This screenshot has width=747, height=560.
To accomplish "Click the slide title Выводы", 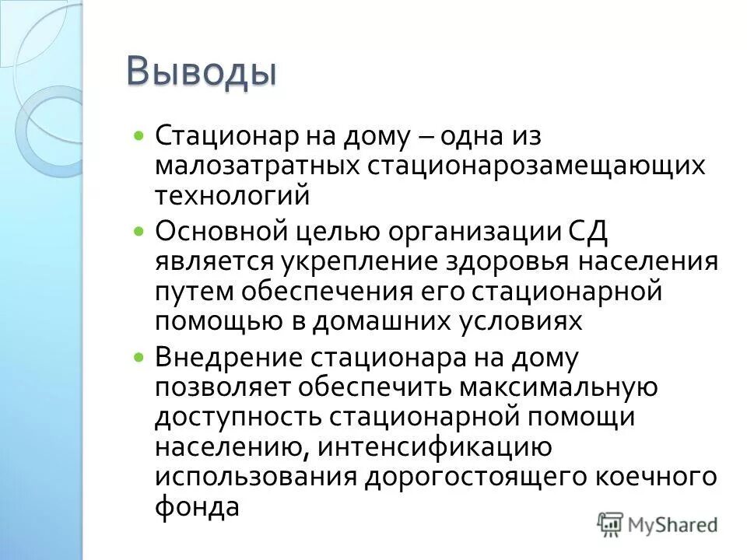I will [202, 73].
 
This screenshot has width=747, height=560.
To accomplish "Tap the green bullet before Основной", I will [139, 231].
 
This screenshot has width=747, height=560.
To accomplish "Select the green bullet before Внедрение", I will [139, 357].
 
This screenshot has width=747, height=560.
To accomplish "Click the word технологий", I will [232, 194].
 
